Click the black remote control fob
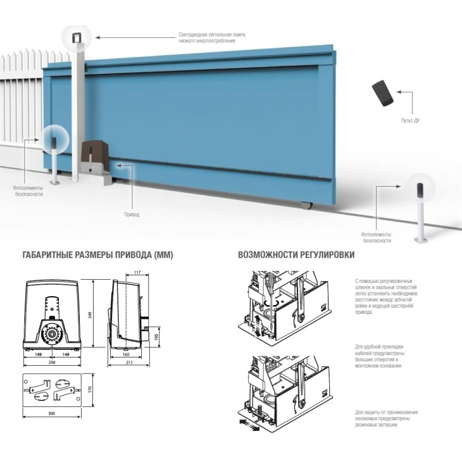(382, 93)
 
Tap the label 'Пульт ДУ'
(410, 120)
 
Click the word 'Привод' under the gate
(132, 215)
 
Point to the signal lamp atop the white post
(77, 37)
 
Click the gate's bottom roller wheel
(306, 205)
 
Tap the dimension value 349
(90, 315)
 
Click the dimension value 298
(51, 363)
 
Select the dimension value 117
(137, 273)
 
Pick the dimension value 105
(156, 337)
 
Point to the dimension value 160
(126, 354)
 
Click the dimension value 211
(129, 363)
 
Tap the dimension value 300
(51, 414)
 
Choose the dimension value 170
(90, 389)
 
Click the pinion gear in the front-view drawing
(52, 334)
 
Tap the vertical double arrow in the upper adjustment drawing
(258, 325)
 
